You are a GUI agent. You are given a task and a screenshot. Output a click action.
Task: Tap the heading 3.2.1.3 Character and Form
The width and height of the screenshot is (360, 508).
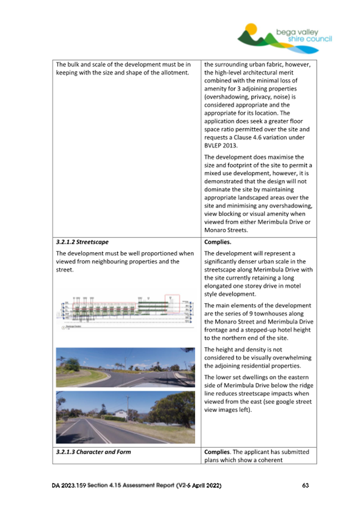pyautogui.click(x=93, y=452)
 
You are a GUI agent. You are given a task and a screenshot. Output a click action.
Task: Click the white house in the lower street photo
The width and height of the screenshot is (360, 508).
pyautogui.click(x=121, y=413)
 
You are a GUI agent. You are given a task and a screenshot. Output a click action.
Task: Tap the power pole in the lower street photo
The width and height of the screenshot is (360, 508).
pyautogui.click(x=127, y=409)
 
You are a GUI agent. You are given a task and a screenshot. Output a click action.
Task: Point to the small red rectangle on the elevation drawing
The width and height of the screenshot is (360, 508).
pyautogui.click(x=172, y=302)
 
